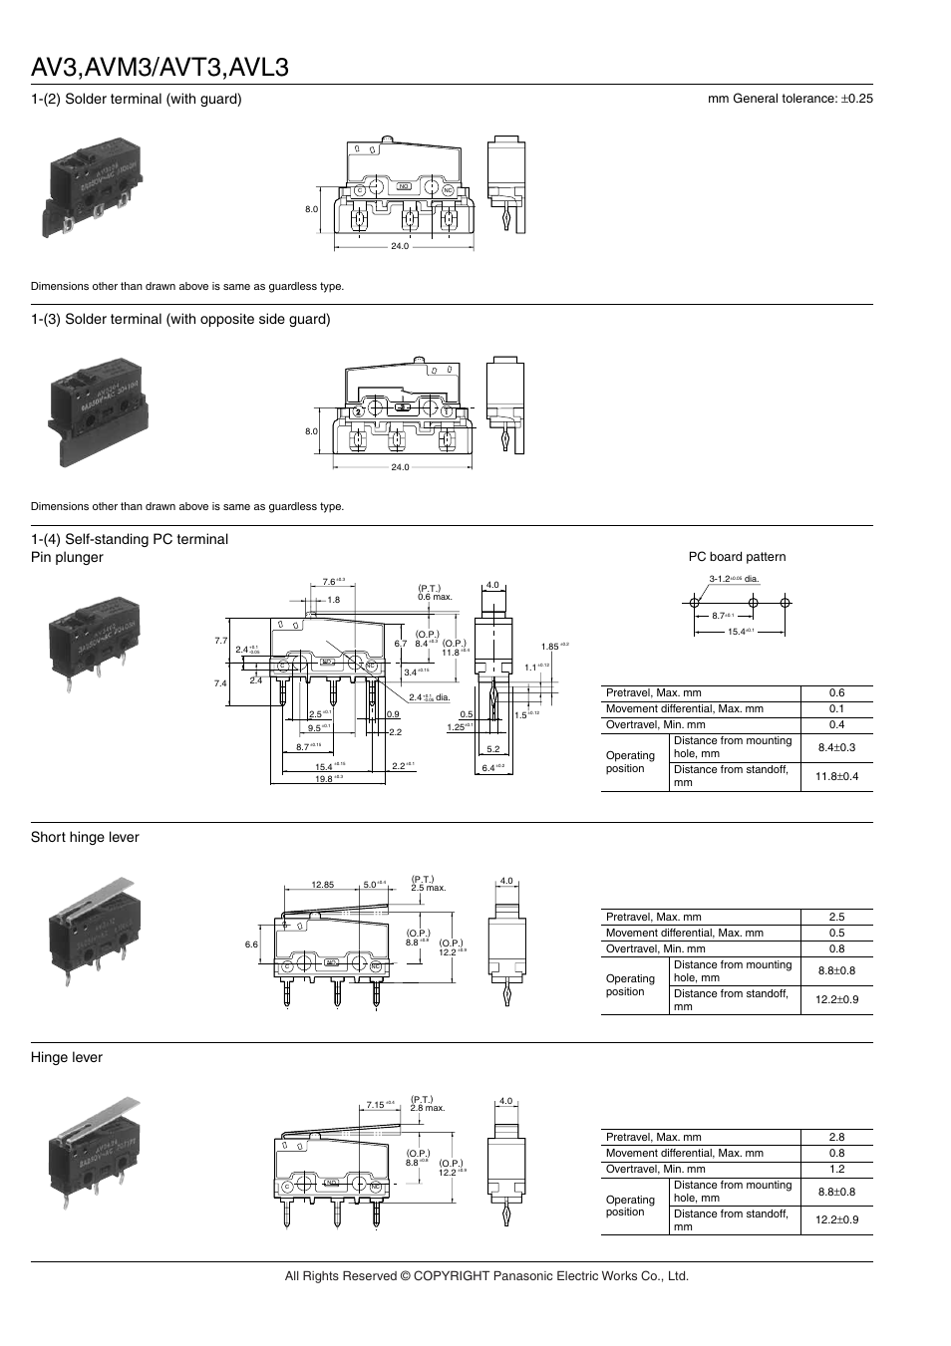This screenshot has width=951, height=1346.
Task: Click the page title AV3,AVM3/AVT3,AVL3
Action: tap(160, 67)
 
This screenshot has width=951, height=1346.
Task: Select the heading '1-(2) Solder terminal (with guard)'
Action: tap(137, 99)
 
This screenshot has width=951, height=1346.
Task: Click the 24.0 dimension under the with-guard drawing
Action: tap(400, 246)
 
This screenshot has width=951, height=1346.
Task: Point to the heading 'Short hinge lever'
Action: tap(85, 837)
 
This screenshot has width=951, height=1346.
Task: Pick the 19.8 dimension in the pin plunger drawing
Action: tap(324, 779)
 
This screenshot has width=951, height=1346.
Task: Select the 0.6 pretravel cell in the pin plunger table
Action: tap(836, 693)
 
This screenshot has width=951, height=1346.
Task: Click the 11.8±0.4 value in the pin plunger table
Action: tap(836, 776)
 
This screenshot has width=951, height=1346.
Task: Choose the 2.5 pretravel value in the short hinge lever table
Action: tap(836, 917)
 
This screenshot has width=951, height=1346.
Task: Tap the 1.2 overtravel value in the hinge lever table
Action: tap(836, 1169)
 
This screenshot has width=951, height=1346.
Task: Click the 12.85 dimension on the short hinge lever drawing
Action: tap(322, 884)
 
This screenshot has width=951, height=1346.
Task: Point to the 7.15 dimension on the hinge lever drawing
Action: tap(376, 1104)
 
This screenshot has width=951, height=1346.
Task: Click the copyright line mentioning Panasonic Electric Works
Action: tap(486, 1275)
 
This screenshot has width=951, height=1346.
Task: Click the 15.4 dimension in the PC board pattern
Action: tap(738, 631)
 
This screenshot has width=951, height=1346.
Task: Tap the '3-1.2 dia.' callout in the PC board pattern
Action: tap(734, 579)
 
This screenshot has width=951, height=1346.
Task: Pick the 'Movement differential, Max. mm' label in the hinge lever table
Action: tap(685, 1153)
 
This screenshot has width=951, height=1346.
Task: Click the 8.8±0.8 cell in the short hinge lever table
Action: tap(836, 970)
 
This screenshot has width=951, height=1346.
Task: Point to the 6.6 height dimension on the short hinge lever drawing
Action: tap(251, 943)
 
